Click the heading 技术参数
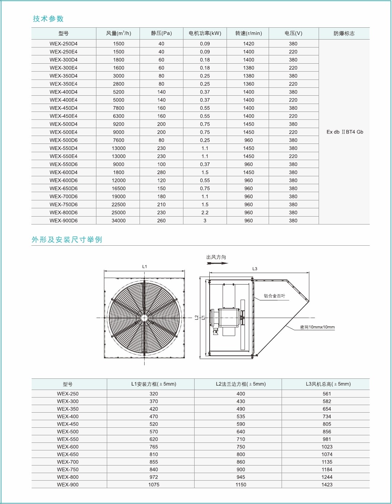(x=48, y=19)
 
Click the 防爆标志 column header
(x=344, y=33)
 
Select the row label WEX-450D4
(x=64, y=108)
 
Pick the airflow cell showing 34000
(x=119, y=221)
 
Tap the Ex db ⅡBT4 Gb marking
(x=345, y=132)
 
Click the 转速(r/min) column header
(x=249, y=33)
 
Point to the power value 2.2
(x=205, y=213)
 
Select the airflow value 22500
(x=119, y=204)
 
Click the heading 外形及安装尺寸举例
(x=67, y=240)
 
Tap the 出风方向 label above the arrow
(x=216, y=257)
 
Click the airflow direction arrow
(x=218, y=263)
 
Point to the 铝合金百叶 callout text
(x=274, y=296)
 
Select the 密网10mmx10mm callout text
(x=317, y=327)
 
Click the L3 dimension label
(x=255, y=269)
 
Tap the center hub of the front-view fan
(x=144, y=318)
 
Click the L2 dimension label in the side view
(x=196, y=318)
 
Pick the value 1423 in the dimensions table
(x=327, y=485)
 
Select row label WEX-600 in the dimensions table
(x=68, y=447)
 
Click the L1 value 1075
(x=154, y=485)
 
